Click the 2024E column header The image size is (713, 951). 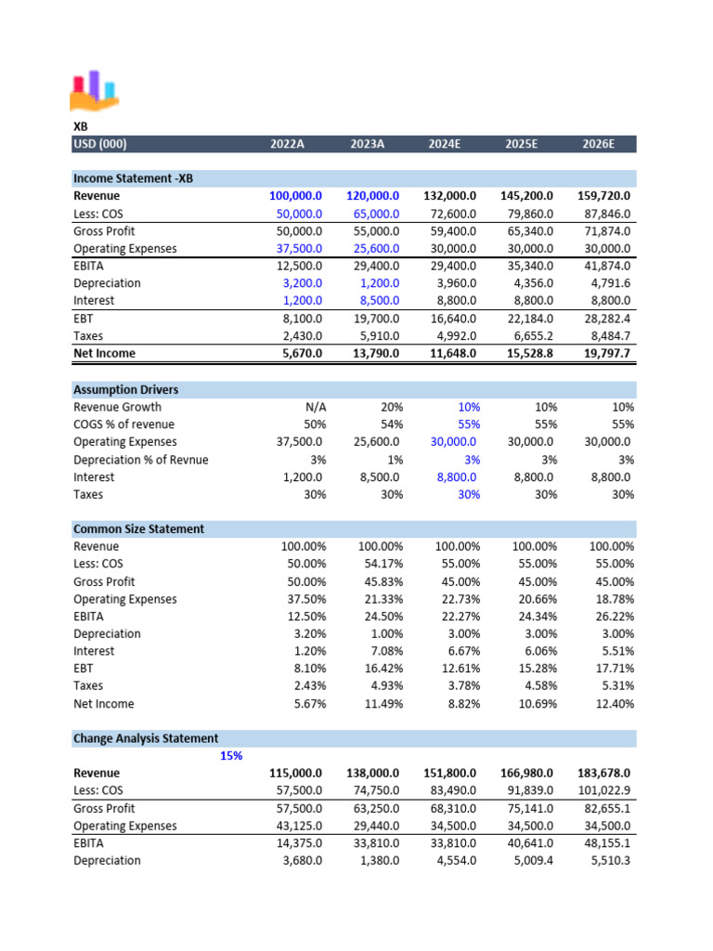pyautogui.click(x=452, y=144)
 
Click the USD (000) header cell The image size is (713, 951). pyautogui.click(x=100, y=144)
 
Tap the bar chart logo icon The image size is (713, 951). pyautogui.click(x=94, y=89)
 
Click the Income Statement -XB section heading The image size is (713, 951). pyautogui.click(x=133, y=178)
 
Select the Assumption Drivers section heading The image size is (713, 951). pyautogui.click(x=126, y=390)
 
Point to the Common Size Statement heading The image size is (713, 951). pyautogui.click(x=138, y=529)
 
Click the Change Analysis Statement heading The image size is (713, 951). pyautogui.click(x=146, y=739)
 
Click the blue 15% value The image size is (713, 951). pyautogui.click(x=231, y=756)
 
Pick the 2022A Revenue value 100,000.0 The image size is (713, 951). pyautogui.click(x=295, y=196)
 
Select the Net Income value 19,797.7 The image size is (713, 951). pyautogui.click(x=604, y=353)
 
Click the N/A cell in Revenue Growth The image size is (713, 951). pyautogui.click(x=313, y=407)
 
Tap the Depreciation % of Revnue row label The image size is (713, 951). pyautogui.click(x=140, y=460)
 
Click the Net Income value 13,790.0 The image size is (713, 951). pyautogui.click(x=373, y=353)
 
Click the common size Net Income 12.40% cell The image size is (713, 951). pyautogui.click(x=612, y=704)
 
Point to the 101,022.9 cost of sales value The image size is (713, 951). pyautogui.click(x=604, y=791)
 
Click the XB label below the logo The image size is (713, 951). pyautogui.click(x=81, y=125)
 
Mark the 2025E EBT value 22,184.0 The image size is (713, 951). pyautogui.click(x=527, y=319)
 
